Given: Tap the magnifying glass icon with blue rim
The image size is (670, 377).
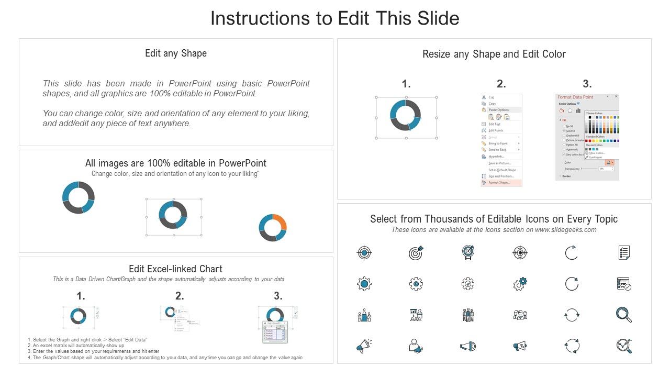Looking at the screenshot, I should [x=623, y=314].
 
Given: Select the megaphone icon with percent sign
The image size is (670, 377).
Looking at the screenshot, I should [x=520, y=346].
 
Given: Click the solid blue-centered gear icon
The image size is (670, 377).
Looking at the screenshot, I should [x=364, y=284].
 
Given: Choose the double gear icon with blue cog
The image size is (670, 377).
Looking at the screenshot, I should [x=520, y=284].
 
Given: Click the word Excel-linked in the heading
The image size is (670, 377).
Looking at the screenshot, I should [x=171, y=269].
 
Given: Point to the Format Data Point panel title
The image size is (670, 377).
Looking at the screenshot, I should [x=575, y=97].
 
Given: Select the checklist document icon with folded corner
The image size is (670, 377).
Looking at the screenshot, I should [x=623, y=253].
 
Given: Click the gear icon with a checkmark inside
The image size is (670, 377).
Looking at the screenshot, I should [x=468, y=284].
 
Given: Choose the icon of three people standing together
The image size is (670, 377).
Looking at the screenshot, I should [x=468, y=315].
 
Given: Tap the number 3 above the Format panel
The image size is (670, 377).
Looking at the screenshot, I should [x=587, y=84].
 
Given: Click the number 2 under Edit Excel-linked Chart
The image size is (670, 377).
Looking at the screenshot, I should [x=180, y=296].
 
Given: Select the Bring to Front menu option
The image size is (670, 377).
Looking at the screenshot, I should [x=498, y=143].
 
